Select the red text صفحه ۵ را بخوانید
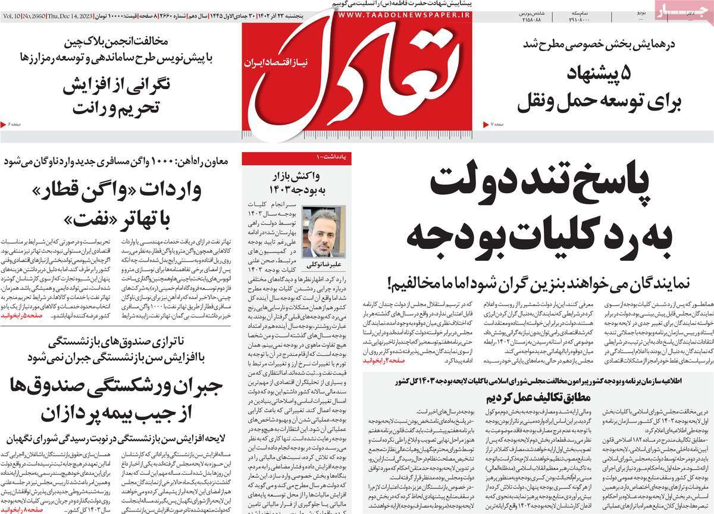click(22, 317)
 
